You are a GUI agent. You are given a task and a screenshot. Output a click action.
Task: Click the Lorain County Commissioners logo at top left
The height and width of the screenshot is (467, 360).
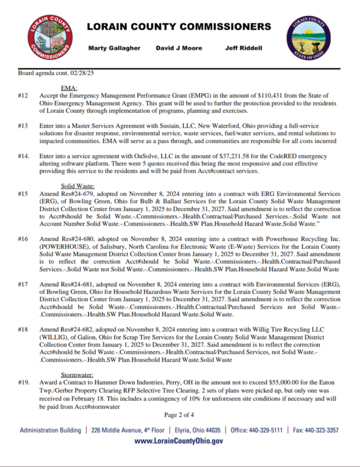(50, 38)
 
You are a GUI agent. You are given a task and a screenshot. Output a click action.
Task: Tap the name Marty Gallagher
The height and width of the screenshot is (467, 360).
(114, 48)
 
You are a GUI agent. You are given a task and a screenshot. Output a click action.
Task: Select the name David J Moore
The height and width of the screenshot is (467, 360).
(179, 48)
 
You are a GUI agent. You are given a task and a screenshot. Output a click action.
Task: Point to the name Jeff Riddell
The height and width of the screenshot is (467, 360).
(244, 48)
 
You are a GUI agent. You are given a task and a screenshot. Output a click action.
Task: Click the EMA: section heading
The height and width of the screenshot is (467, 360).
(69, 88)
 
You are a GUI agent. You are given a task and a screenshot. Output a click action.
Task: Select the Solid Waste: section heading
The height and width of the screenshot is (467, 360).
(78, 186)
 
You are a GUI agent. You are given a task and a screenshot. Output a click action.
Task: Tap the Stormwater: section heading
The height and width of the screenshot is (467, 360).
(78, 375)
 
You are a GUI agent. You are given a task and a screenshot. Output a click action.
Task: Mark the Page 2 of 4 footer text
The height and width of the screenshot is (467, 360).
(180, 415)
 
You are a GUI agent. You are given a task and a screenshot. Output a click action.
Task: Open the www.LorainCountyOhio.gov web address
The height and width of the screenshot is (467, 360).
(179, 441)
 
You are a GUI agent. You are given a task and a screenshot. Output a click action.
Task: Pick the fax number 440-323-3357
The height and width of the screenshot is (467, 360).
(322, 430)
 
